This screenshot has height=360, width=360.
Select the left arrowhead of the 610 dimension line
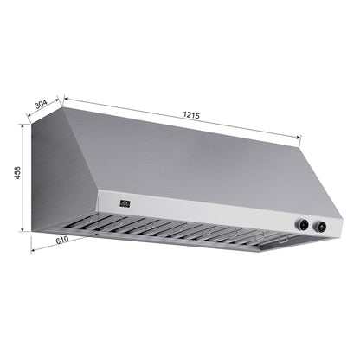tap(32, 251)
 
